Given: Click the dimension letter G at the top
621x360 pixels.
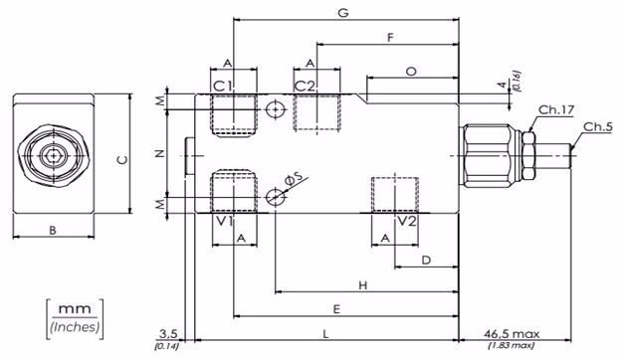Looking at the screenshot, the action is [343, 13].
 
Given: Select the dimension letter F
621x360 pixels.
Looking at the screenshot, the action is [390, 38].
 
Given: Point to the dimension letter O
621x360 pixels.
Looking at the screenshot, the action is [411, 72].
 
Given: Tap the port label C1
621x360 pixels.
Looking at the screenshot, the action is [223, 86].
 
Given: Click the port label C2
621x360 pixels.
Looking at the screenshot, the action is [305, 86].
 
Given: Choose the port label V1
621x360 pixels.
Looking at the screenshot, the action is [225, 221].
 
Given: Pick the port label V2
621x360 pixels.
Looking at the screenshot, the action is [407, 221].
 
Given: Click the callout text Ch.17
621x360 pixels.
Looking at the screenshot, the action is [556, 109].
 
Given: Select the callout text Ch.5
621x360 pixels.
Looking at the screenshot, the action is [598, 126].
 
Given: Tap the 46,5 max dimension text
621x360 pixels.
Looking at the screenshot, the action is [512, 334].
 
